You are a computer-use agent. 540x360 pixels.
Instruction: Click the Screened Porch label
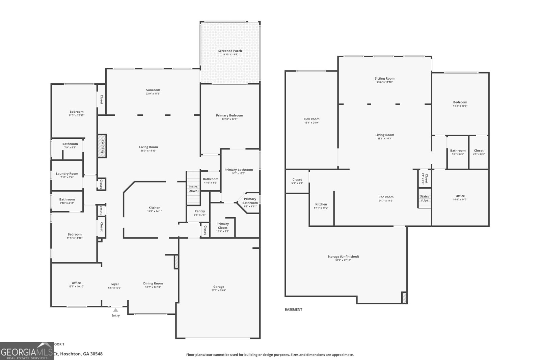pos(230,51)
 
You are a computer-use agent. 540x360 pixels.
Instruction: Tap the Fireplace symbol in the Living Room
pos(102,145)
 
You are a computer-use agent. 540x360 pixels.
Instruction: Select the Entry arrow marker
pos(115,310)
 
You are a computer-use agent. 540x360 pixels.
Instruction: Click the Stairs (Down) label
pos(193,189)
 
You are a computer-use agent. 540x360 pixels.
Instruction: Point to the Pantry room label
pos(199,211)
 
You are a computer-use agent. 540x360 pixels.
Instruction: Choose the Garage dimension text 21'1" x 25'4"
pos(218,290)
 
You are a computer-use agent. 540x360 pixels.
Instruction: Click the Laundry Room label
pos(67,174)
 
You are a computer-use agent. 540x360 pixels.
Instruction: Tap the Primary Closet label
pos(222,226)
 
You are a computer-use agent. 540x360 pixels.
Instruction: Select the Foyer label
pos(115,284)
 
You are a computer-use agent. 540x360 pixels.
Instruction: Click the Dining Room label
pos(153,283)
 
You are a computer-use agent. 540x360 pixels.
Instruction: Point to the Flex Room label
pos(311,119)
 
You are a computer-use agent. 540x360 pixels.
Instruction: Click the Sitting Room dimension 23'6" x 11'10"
pos(384,82)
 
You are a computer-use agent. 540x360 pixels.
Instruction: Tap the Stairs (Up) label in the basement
pos(424,198)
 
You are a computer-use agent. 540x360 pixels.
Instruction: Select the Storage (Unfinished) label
pos(343,256)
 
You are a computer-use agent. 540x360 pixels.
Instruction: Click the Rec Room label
pos(386,197)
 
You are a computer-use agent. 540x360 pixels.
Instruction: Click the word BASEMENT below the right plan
pos(293,309)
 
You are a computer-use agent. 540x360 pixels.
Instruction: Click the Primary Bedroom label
pos(230,115)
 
